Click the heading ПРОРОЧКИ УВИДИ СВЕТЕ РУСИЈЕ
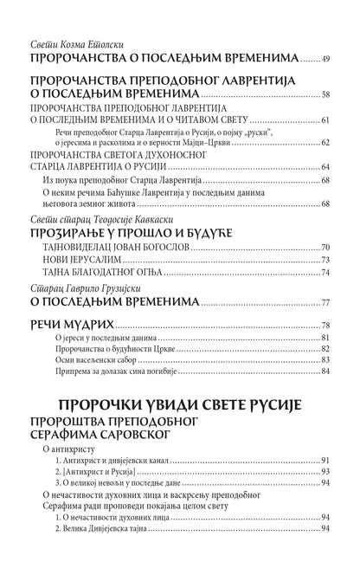pyautogui.click(x=179, y=406)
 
